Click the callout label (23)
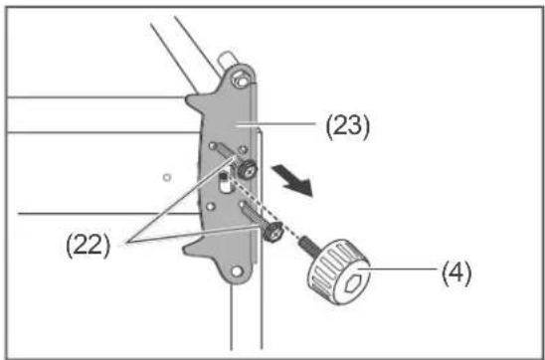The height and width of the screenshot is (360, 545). coord(347,127)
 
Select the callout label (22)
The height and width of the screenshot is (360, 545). coord(88,246)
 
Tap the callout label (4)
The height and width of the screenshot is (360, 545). coord(456,273)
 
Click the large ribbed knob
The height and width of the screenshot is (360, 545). coord(339,271)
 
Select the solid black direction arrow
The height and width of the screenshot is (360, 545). coord(292,181)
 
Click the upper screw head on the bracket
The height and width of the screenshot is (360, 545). coord(247,169)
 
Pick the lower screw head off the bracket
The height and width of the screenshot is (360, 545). coord(272,233)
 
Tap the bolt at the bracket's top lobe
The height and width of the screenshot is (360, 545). coord(241,80)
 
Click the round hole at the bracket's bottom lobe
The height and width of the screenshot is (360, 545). coord(237,271)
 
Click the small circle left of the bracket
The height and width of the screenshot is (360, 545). coord(167,177)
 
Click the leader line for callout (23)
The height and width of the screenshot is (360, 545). coord(275,124)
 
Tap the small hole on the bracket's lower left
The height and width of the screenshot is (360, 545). coord(209,207)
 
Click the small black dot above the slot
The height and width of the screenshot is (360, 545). coord(223,177)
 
